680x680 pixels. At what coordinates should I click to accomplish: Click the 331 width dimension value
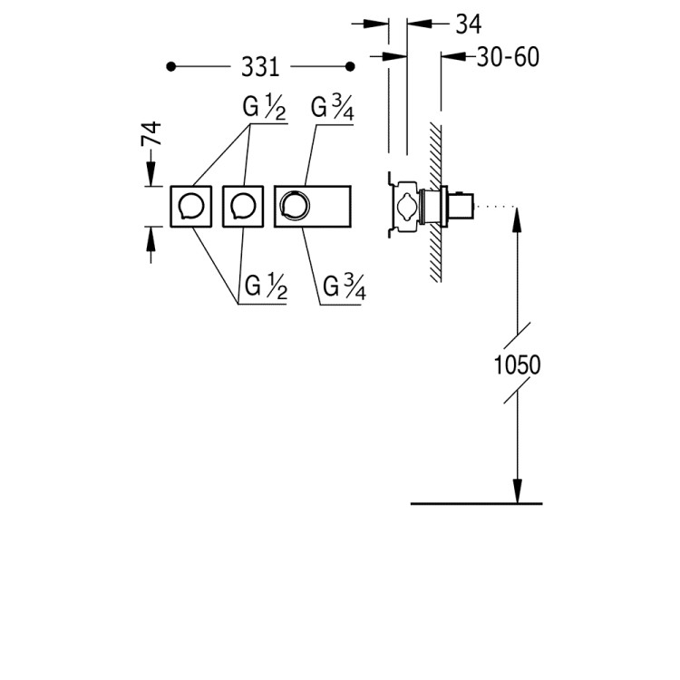[260, 67]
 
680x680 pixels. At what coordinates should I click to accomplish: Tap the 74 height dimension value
[151, 133]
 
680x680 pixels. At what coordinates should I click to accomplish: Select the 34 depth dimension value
[469, 24]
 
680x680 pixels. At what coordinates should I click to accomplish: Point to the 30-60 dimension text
[508, 57]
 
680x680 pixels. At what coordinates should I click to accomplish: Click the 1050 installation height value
[518, 364]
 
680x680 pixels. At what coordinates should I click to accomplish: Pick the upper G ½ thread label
[265, 108]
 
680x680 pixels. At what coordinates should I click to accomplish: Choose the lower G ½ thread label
[266, 287]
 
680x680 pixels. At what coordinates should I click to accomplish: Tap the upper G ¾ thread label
[333, 109]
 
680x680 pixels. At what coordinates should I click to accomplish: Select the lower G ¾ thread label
[345, 287]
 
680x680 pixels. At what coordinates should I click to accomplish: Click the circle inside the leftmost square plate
[191, 206]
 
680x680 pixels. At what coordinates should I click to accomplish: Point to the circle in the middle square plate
[243, 206]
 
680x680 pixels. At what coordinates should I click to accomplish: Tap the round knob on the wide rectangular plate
[295, 205]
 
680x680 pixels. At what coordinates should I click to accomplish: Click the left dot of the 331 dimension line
[171, 67]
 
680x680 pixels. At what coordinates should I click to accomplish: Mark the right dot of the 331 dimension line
[350, 67]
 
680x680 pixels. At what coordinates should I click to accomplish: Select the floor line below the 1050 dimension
[476, 503]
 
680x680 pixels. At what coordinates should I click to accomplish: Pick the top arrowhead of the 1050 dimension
[517, 219]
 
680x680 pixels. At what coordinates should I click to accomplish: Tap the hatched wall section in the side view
[435, 202]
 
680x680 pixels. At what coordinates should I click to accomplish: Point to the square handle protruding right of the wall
[461, 206]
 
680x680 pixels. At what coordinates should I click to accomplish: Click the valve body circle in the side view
[408, 205]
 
